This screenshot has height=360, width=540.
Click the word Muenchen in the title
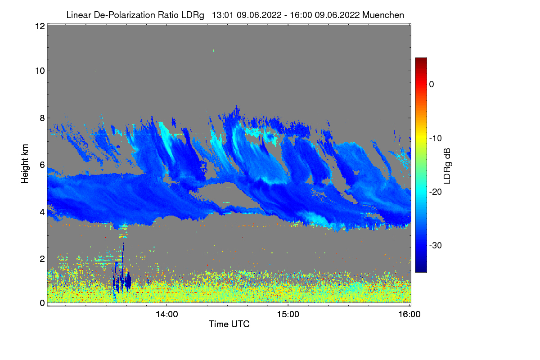coord(383,15)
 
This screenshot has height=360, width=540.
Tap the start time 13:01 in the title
coord(223,15)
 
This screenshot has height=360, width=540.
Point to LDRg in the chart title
coord(193,15)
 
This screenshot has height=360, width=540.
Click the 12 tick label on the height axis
coord(40,26)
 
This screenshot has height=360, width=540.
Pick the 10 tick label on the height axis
coord(40,71)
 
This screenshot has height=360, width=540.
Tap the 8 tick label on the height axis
coord(42,118)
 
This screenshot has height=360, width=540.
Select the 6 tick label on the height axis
coord(42,165)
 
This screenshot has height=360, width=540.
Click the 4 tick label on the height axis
coord(42,212)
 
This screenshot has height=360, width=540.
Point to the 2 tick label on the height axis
coord(42,259)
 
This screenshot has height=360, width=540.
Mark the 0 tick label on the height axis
coord(42,303)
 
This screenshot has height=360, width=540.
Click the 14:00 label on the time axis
coord(167,314)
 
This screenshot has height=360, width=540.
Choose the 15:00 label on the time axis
coord(288,314)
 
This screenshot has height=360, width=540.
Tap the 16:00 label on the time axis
coord(409,314)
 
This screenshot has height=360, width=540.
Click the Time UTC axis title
coord(229,324)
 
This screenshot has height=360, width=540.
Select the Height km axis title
coord(25,164)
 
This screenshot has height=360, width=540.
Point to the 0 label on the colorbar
coord(432,85)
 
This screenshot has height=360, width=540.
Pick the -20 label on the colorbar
coord(436,192)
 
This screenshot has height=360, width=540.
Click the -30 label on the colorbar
coord(436,245)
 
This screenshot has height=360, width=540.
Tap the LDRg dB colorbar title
coord(447,166)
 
